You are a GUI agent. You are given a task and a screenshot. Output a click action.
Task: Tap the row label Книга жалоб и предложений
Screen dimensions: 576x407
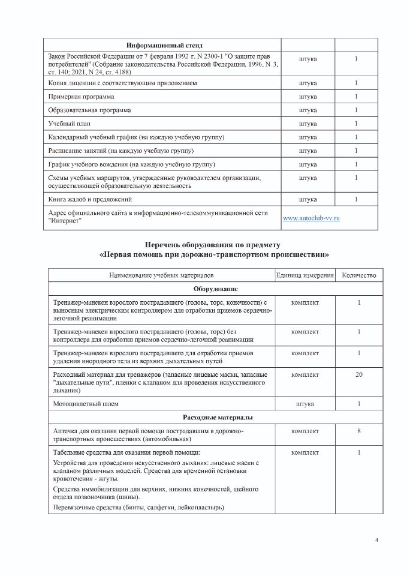pos(90,199)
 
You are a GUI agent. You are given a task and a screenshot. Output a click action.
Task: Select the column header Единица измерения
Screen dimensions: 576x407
pos(305,275)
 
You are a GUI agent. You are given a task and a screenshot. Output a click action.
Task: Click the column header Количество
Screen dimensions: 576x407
pos(358,275)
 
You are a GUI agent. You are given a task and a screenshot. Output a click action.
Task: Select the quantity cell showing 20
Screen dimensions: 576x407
pos(358,374)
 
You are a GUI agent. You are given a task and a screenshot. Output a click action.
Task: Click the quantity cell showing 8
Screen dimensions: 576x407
pos(358,431)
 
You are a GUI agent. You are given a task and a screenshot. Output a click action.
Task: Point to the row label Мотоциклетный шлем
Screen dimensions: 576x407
pos(86,404)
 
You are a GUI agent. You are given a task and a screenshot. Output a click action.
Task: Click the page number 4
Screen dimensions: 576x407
pos(376,541)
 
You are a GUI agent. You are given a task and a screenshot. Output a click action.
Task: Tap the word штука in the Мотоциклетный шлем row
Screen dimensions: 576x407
pos(305,404)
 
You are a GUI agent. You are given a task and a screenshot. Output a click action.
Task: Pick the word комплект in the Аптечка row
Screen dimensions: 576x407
pos(305,431)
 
